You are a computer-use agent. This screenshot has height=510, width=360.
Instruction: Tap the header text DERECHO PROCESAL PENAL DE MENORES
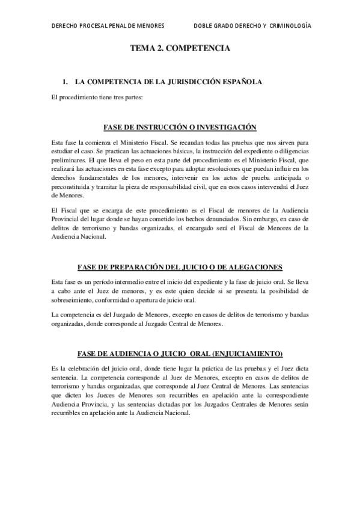pos(108,27)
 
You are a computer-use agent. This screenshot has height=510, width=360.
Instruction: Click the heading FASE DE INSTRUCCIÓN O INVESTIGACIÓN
pos(180,127)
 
